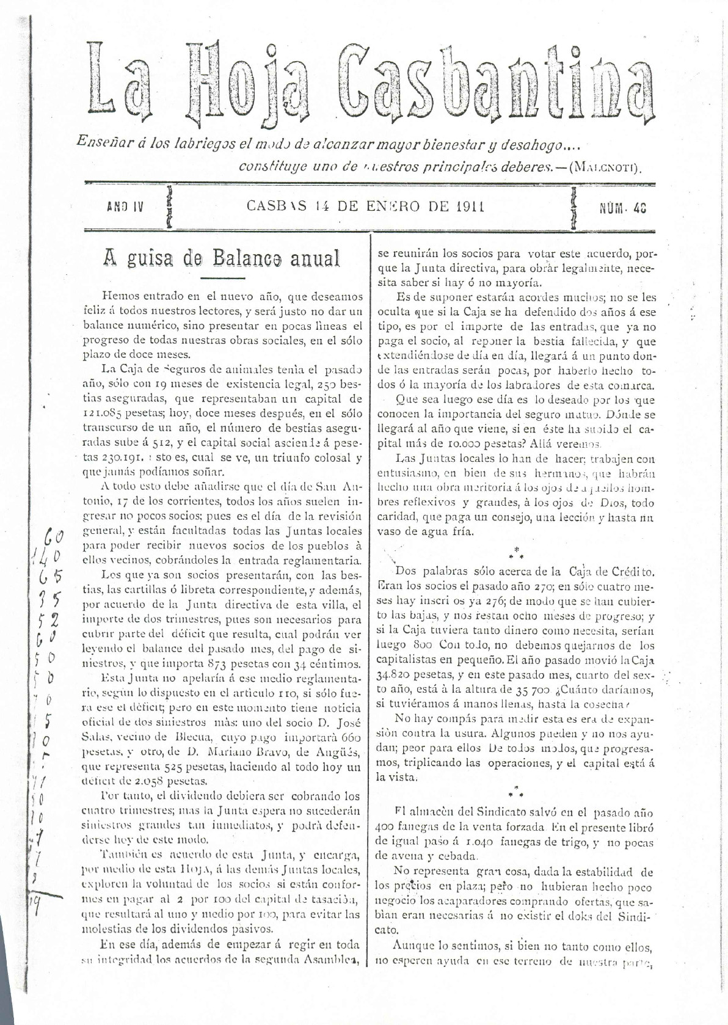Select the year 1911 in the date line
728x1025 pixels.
point(470,206)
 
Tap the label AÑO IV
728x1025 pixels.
point(125,207)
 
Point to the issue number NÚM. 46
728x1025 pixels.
point(622,208)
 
